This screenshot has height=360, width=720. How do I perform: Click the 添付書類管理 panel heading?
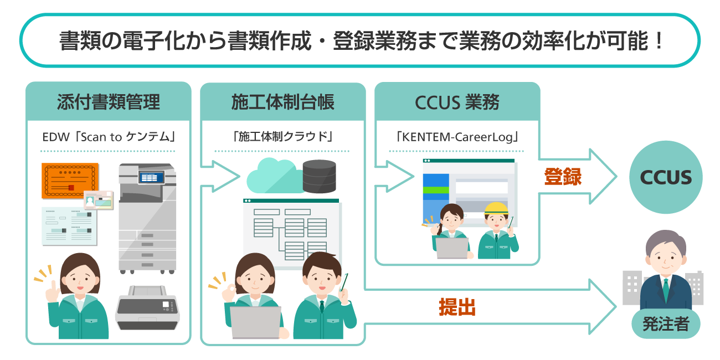[x=108, y=102]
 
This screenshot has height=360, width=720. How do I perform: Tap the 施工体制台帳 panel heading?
[x=282, y=102]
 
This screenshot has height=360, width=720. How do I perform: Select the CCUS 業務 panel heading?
[x=457, y=102]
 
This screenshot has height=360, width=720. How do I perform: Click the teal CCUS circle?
[x=666, y=178]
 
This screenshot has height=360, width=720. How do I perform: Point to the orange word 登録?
[x=562, y=177]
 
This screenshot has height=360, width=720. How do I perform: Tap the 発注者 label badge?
[x=666, y=324]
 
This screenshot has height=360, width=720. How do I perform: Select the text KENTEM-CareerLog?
[x=457, y=136]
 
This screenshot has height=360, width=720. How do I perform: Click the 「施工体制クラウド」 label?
[x=282, y=136]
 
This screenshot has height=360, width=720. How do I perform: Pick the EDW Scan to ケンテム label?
[x=108, y=136]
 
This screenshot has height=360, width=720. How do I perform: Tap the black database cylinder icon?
[x=320, y=176]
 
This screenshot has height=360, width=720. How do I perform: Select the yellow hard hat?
[x=496, y=209]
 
